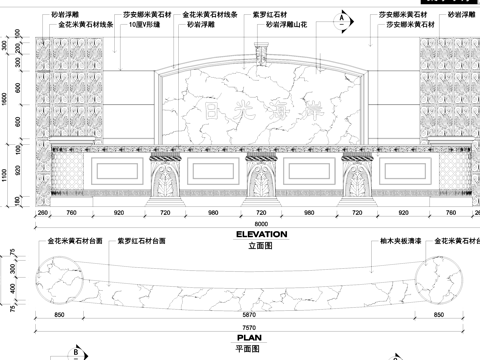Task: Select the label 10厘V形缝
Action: click(147, 23)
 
